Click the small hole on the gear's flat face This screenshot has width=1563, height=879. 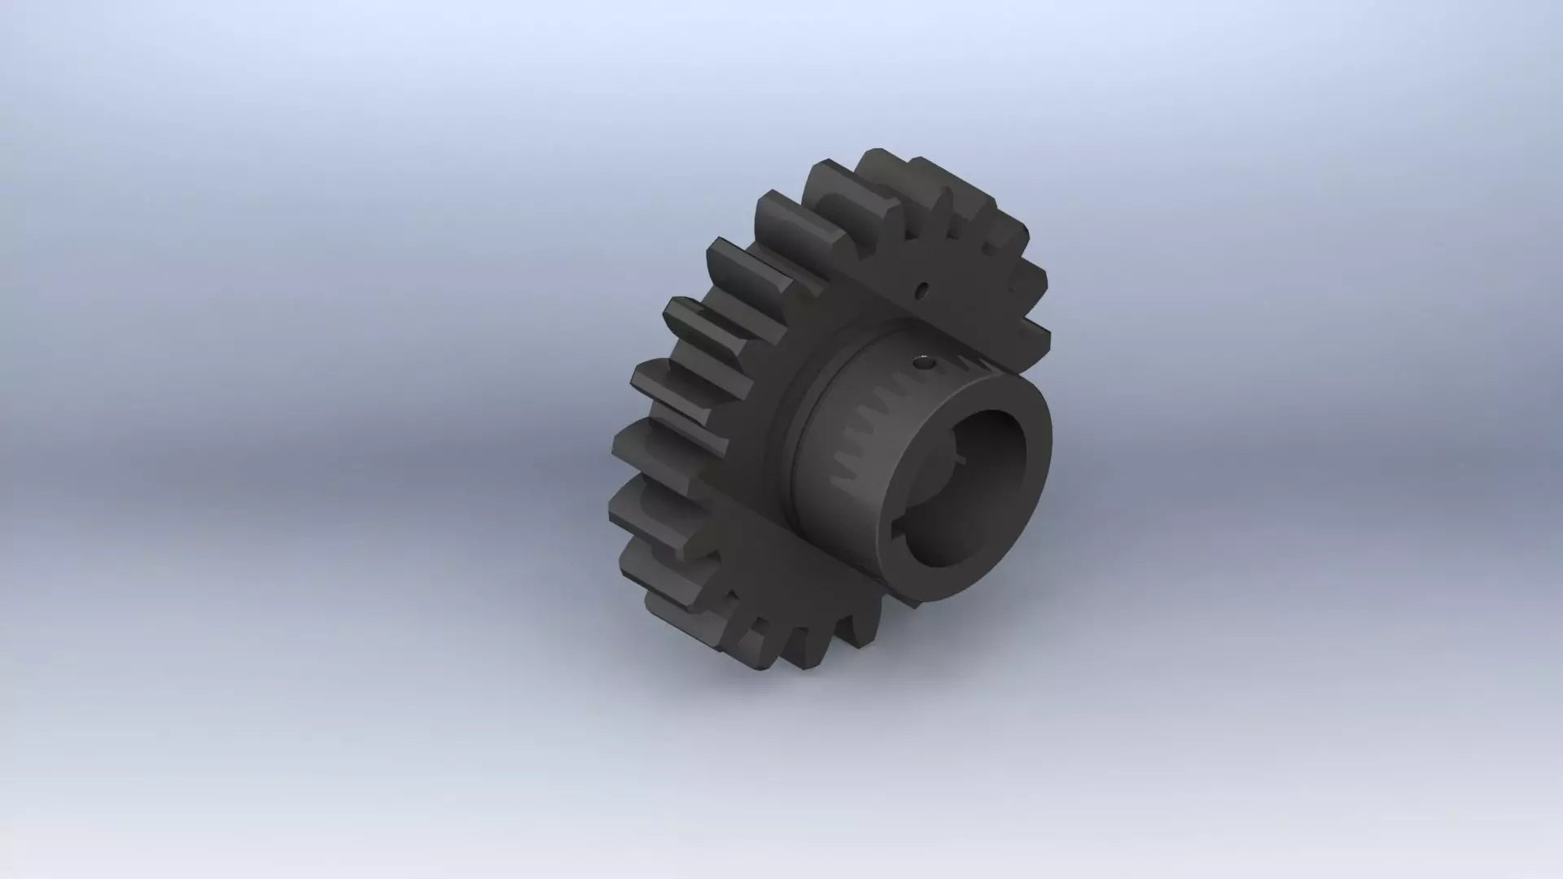pyautogui.click(x=922, y=289)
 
